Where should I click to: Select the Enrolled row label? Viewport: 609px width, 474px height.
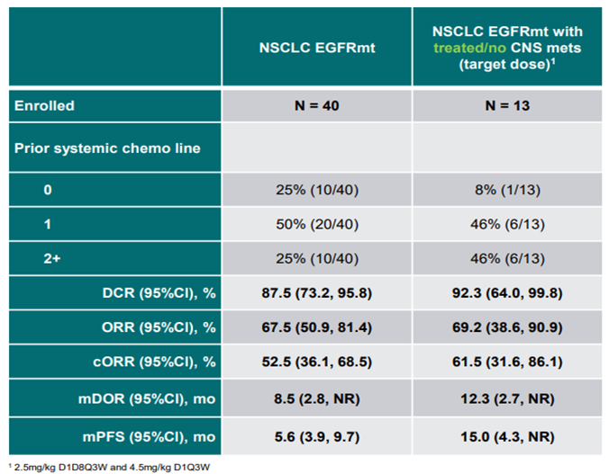pos(44,105)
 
